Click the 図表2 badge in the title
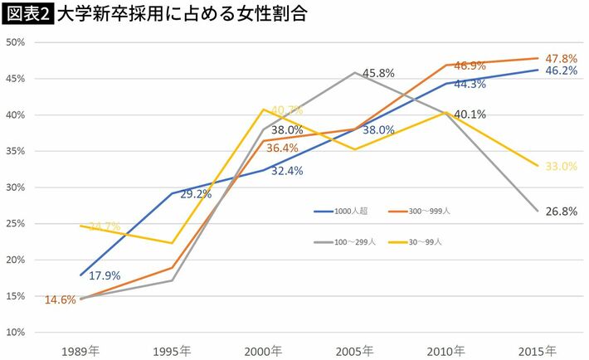coord(27,16)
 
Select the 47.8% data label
coord(561,58)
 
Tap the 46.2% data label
coord(561,71)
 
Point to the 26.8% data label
coord(561,212)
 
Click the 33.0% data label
coord(561,166)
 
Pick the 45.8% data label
coord(377,73)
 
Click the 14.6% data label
coord(59,300)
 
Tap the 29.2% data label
coord(195,193)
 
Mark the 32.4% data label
coord(286,171)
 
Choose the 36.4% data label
coord(286,148)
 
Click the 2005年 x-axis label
coord(354,349)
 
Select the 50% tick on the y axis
coord(17,41)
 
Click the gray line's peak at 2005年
coord(354,73)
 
